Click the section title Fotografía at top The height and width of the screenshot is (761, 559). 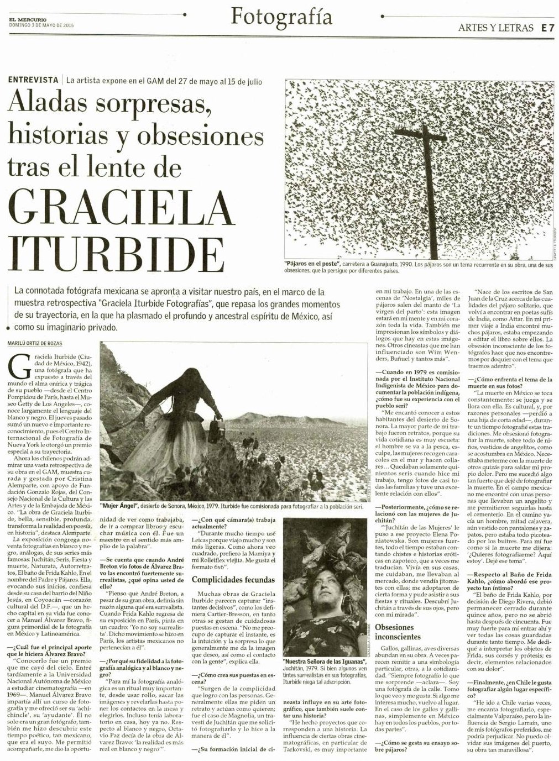coord(281,17)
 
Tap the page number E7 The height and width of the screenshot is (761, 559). coord(548,27)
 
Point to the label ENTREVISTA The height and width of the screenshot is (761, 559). coord(33,80)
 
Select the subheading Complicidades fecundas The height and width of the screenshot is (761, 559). coord(233,580)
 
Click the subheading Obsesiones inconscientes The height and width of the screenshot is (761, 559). coord(394,632)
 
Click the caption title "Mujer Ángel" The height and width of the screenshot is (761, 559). coord(119,506)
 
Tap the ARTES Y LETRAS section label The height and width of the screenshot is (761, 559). coord(495,27)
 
